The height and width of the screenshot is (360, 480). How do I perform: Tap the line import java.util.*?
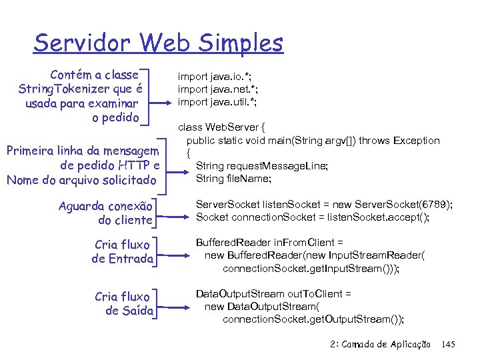tap(217, 101)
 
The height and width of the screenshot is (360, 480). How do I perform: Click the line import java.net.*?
tap(217, 89)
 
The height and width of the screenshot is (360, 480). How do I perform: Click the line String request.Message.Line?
tap(261, 166)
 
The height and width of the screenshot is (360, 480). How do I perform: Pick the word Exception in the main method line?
tap(417, 141)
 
